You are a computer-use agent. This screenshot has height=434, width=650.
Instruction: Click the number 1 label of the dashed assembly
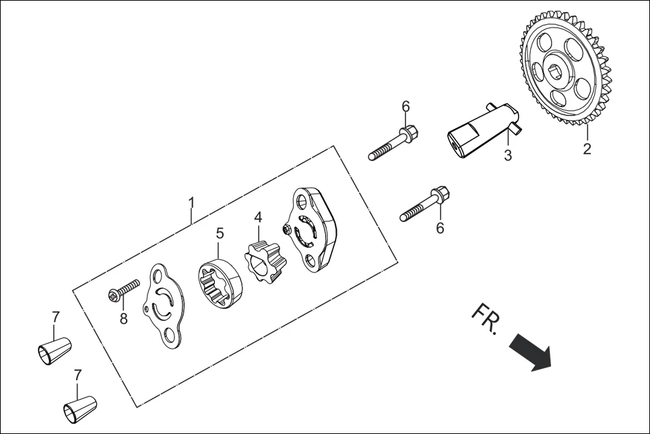click(x=191, y=202)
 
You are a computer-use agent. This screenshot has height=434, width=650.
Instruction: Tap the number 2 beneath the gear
click(x=587, y=149)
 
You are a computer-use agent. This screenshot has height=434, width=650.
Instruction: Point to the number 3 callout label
click(x=508, y=155)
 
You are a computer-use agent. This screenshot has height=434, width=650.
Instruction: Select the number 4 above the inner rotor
click(x=258, y=217)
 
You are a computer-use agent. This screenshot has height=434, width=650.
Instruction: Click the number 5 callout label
click(x=220, y=233)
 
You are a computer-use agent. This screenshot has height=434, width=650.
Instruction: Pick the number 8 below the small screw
click(x=123, y=318)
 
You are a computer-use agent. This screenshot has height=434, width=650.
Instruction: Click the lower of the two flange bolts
click(x=425, y=205)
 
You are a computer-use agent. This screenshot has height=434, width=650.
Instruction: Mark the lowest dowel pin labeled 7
click(x=79, y=408)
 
